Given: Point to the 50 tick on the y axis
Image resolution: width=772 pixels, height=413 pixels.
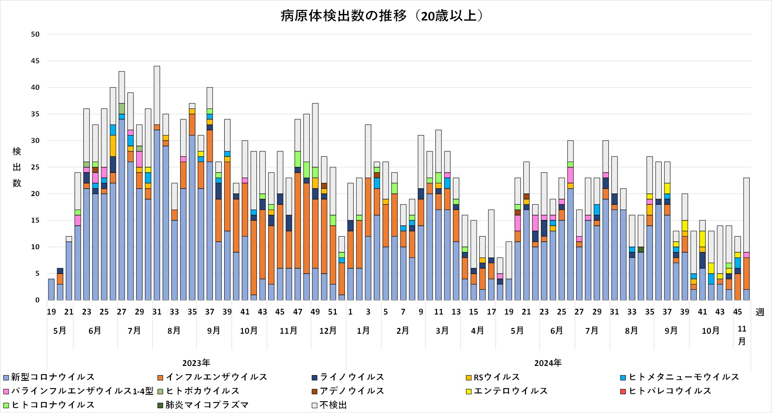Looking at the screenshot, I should pos(35,34).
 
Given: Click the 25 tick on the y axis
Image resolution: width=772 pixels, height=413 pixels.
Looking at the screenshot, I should pos(35,167).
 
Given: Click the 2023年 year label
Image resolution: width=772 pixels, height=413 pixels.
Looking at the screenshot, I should pos(196,363).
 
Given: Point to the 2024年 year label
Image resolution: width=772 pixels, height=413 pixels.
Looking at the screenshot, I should pos(548,363).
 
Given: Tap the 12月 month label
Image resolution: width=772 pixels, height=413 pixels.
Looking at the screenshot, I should pos(328,331).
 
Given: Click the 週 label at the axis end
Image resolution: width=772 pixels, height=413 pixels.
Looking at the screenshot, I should pos(760,312).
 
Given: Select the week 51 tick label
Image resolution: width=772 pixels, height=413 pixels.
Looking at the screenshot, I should pos(333,312).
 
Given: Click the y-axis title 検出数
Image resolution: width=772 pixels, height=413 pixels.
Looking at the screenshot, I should pos(17,167).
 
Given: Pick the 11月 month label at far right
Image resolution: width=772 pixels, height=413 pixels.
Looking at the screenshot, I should pos(742,335).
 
